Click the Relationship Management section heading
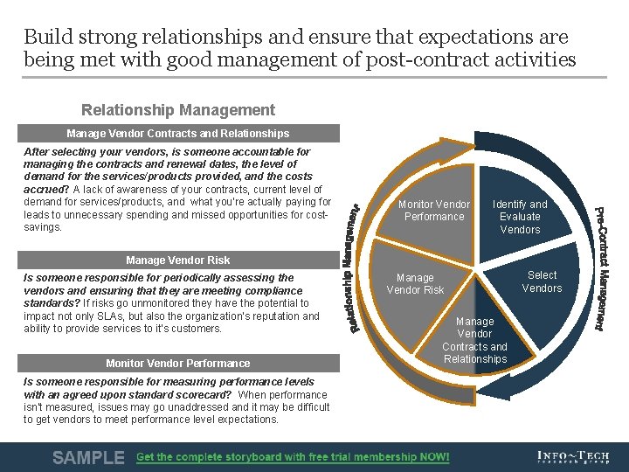click(177, 110)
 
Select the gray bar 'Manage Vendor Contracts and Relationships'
click(177, 134)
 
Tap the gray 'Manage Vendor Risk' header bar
click(177, 260)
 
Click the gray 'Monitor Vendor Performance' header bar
click(177, 363)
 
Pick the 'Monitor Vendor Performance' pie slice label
click(434, 211)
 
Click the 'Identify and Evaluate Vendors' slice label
click(520, 217)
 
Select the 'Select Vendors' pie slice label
click(542, 281)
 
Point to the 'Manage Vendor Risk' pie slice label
click(415, 284)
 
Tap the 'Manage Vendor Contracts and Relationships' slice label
click(474, 340)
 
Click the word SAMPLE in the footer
click(88, 457)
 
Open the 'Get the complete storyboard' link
click(293, 457)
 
